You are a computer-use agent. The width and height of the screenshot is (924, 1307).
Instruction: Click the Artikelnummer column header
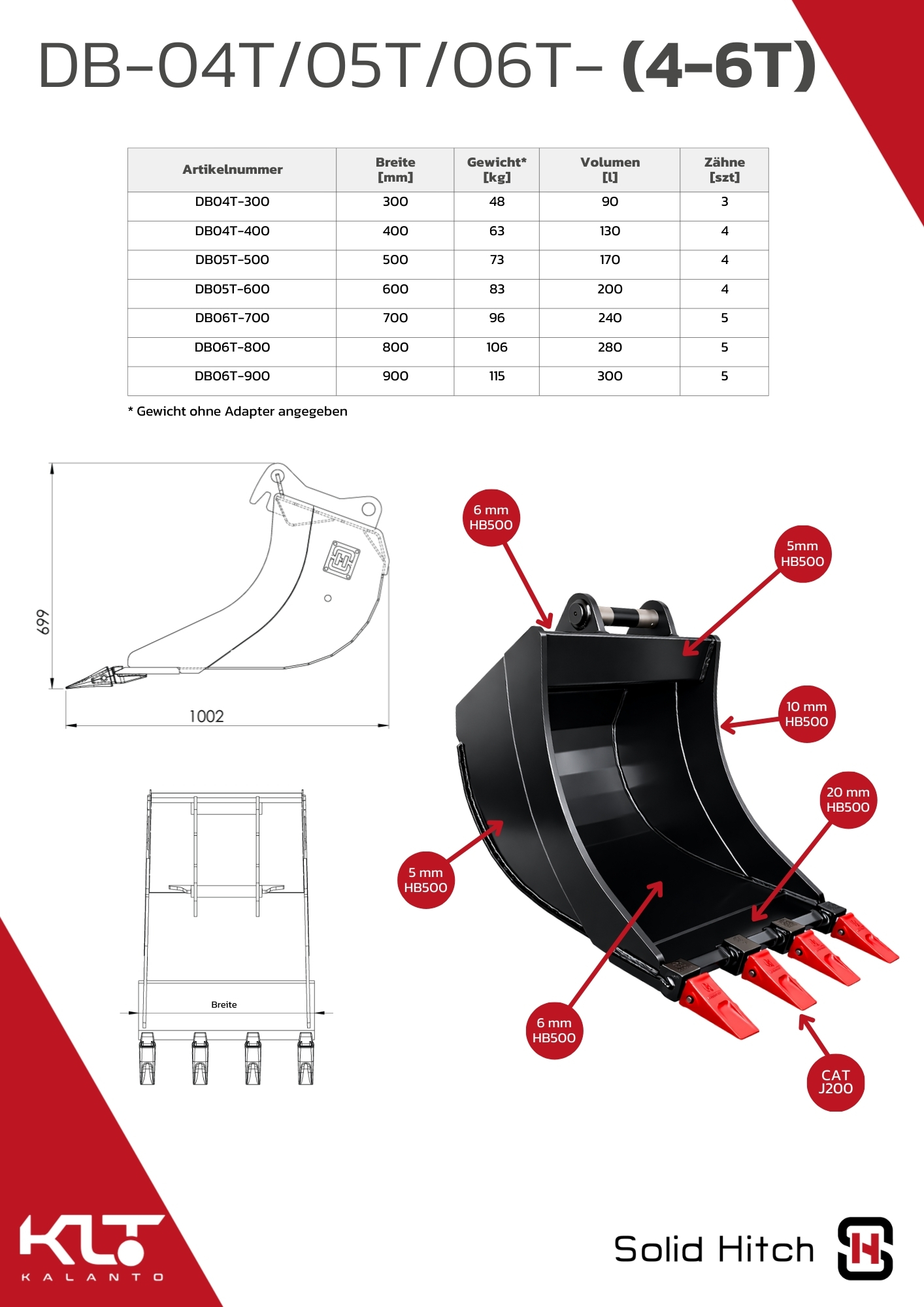232,169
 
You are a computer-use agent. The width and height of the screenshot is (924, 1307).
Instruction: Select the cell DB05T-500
232,259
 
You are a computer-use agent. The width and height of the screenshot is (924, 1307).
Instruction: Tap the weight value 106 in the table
497,347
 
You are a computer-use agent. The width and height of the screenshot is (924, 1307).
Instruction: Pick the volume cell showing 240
610,318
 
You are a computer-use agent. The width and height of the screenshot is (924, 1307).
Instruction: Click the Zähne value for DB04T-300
724,201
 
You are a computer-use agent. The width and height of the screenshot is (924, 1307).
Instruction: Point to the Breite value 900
395,376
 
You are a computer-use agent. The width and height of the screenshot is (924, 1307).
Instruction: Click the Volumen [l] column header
610,169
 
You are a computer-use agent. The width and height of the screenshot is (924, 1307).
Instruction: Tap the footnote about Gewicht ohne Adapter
238,411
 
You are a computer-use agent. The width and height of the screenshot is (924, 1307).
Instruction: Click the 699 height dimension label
42,622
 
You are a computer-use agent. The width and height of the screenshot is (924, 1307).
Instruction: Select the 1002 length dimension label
206,716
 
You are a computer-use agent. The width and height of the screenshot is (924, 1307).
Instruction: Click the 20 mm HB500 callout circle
848,800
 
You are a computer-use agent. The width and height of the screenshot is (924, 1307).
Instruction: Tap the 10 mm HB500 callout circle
806,714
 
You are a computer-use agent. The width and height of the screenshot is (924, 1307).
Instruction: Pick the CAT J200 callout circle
836,1082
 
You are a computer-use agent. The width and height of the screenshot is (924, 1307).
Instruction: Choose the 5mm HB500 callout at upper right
802,554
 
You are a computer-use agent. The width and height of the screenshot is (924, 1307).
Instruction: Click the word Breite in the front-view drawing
223,1004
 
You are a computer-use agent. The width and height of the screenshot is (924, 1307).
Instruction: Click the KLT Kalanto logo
91,1248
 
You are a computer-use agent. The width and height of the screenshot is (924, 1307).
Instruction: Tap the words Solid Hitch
714,1249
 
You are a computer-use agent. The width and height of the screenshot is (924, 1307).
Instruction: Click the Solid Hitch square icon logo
865,1248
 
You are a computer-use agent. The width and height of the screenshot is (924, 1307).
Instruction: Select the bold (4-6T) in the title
719,65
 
